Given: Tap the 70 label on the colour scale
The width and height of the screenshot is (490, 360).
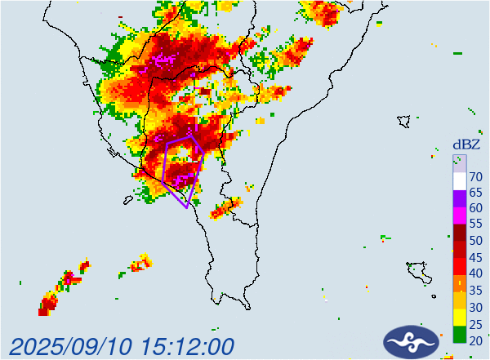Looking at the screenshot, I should click(474, 177).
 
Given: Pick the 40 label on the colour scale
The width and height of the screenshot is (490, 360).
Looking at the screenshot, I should click(474, 273).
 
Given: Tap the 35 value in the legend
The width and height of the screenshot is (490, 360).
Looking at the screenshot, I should click(474, 290).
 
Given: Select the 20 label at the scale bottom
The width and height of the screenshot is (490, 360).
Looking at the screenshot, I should click(474, 340).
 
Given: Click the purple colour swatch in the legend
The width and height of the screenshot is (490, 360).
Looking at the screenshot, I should click(460, 197).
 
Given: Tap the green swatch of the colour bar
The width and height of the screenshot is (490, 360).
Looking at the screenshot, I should click(460, 336).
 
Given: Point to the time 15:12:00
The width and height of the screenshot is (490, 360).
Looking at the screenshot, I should click(186, 345).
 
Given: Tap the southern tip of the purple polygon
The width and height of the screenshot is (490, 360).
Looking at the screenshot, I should click(188, 207).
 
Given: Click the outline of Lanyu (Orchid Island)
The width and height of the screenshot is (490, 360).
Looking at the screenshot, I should click(417, 271).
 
